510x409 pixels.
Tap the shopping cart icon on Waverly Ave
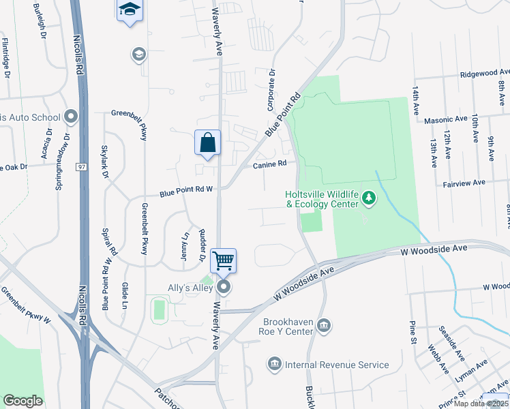[x=224, y=260]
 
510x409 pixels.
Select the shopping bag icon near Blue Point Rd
[x=208, y=143]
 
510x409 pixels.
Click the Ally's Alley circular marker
[x=224, y=287]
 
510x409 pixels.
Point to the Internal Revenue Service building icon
[x=275, y=365]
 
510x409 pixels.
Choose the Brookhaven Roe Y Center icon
[x=324, y=325]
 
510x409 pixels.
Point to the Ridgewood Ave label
[x=484, y=72]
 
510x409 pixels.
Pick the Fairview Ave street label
[x=464, y=183]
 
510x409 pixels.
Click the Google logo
[x=22, y=401]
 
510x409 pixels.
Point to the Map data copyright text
[x=481, y=404]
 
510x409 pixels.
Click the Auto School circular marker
[x=70, y=117]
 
